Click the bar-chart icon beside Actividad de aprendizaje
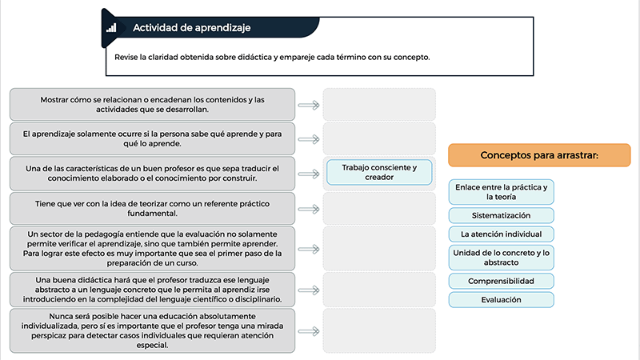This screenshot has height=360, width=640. tap(111, 28)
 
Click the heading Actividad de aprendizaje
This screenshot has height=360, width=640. tap(191, 28)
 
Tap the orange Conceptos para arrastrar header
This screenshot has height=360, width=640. tap(539, 155)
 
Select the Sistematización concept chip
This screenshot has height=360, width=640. tap(502, 215)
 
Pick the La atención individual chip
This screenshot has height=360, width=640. tap(502, 234)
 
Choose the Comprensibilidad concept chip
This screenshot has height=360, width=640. tap(502, 282)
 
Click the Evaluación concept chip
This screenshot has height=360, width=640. tap(502, 300)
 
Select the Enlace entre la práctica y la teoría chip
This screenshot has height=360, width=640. tap(502, 192)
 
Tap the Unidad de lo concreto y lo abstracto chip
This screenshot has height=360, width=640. tap(502, 258)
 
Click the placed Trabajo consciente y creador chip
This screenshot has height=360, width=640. tap(379, 172)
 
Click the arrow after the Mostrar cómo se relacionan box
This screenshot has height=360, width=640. tap(309, 106)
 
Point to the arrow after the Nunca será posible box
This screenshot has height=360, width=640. tap(309, 331)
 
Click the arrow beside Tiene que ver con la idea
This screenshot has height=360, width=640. tap(309, 210)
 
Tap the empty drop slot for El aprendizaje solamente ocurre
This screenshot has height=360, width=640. tap(379, 138)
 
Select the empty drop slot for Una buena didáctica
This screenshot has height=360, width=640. tap(379, 290)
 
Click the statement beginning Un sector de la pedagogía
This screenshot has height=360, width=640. tap(152, 249)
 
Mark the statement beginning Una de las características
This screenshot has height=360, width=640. tap(152, 174)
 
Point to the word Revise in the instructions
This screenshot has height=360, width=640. tap(126, 57)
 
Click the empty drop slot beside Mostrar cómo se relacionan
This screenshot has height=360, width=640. tap(379, 105)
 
